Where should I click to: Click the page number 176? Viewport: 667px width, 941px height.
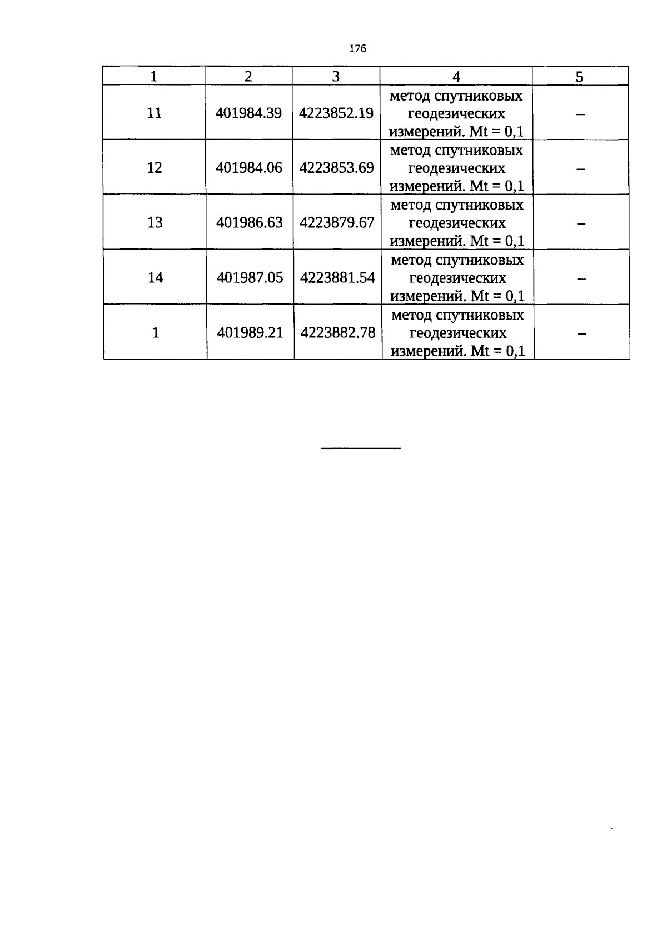[357, 49]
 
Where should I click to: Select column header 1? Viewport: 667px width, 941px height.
[154, 77]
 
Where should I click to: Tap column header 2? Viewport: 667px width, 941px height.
[248, 77]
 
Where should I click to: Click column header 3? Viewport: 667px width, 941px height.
[336, 77]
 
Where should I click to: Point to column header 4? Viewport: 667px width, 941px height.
[456, 77]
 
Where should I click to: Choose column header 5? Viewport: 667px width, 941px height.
[580, 77]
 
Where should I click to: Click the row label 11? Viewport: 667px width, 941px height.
[154, 113]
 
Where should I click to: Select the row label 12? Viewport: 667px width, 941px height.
[155, 168]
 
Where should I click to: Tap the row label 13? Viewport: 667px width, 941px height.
[155, 222]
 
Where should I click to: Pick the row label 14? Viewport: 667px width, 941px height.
[156, 277]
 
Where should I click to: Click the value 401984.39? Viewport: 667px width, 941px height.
[248, 113]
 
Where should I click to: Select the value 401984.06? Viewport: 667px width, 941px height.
[249, 168]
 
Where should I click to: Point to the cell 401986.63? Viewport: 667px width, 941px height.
[250, 222]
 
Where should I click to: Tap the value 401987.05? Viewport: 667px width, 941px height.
[250, 277]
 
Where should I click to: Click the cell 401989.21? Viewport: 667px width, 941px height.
[250, 333]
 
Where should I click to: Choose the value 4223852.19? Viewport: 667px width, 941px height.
[336, 113]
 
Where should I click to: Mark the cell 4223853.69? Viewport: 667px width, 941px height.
[336, 168]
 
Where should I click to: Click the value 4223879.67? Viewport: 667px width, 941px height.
[337, 222]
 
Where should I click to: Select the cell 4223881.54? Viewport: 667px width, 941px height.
[337, 277]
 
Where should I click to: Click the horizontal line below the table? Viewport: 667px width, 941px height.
[361, 448]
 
